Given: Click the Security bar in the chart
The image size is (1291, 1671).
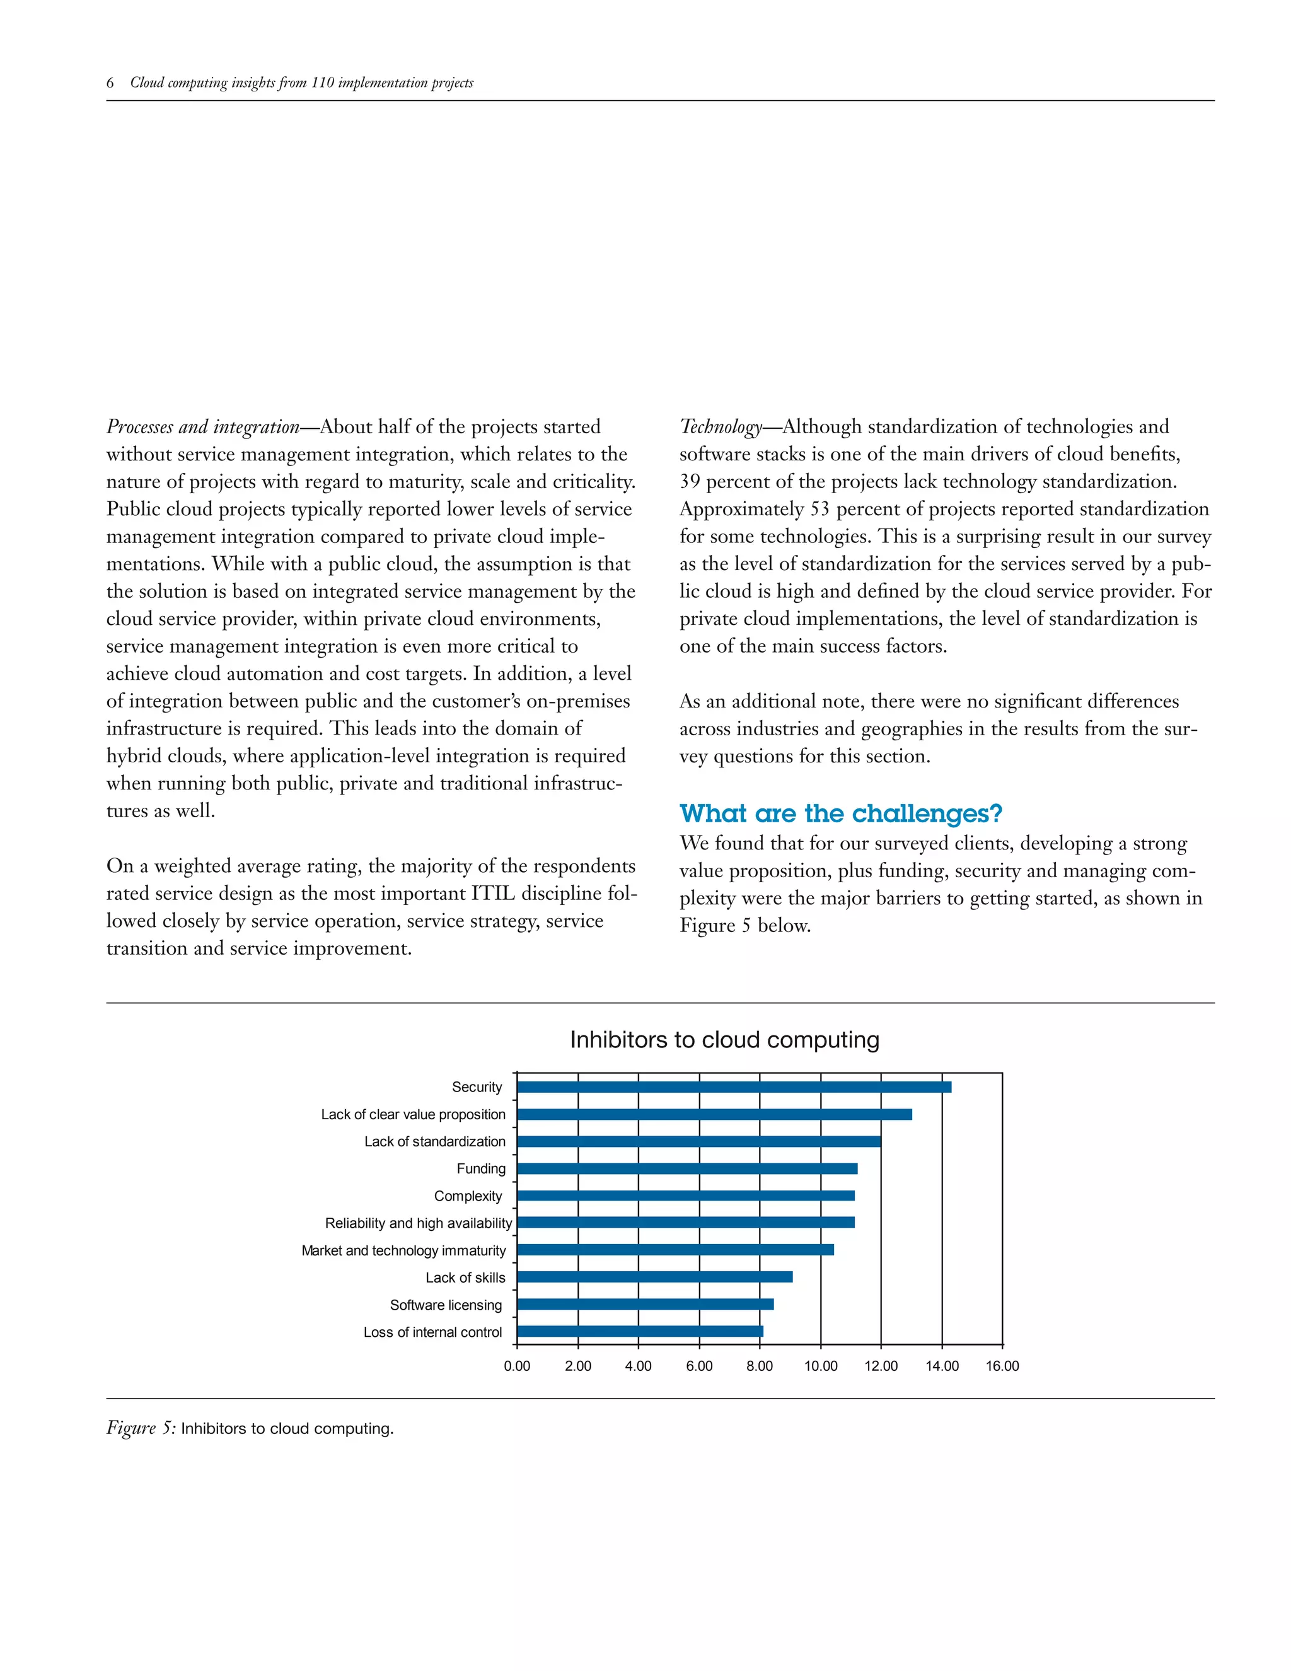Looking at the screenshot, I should (x=734, y=1086).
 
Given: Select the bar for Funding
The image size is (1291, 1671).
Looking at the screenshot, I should (x=687, y=1168).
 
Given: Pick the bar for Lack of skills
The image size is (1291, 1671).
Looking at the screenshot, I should (x=655, y=1277).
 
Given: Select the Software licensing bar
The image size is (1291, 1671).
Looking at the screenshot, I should (x=645, y=1305).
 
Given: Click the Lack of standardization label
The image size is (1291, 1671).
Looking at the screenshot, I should (x=434, y=1141).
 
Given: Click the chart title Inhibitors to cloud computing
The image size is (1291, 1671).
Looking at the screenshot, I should (x=724, y=1040).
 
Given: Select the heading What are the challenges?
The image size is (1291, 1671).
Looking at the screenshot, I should (x=840, y=813).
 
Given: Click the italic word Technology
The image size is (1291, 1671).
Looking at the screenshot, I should (x=721, y=427).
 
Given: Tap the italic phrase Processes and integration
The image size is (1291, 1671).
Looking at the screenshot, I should (x=203, y=427).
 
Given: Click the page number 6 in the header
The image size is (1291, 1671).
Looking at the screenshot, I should (x=110, y=83).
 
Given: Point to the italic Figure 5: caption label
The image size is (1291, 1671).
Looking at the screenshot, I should (x=141, y=1428).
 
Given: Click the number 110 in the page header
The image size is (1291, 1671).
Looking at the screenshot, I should (x=323, y=83).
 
